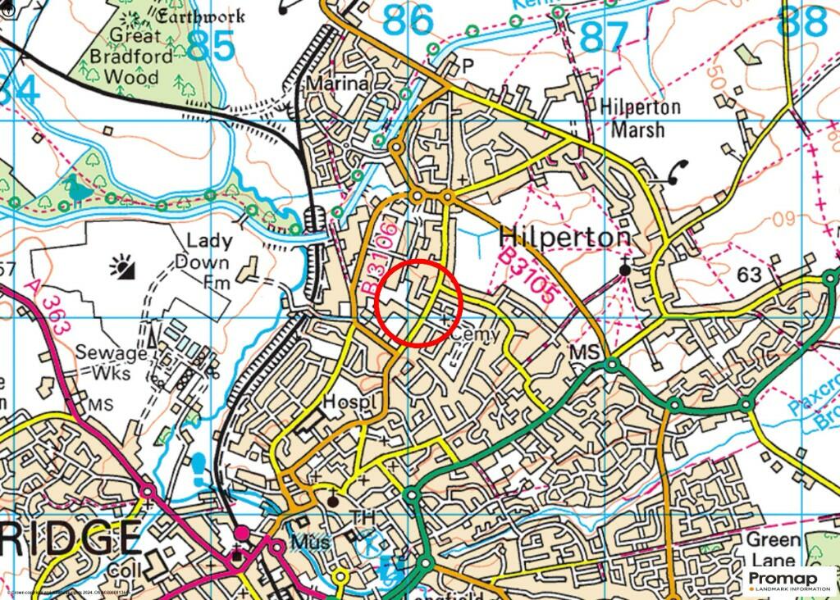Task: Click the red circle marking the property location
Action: point(419,302)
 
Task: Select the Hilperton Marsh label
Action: point(640,118)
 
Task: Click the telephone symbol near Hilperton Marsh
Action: point(678,169)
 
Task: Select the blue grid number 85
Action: point(210,47)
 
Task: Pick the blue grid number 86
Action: point(408,19)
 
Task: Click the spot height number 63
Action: point(749,275)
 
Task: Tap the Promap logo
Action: point(789,581)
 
